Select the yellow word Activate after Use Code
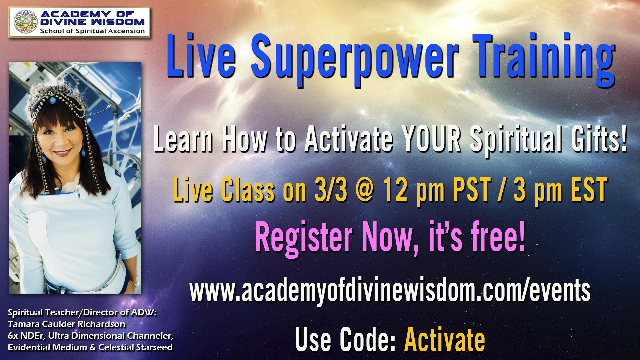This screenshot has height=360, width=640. (x=445, y=340)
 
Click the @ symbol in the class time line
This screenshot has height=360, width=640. (x=365, y=190)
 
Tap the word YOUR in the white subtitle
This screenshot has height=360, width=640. (x=431, y=139)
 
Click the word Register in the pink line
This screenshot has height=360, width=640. (x=303, y=237)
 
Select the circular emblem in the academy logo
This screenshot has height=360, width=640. (x=26, y=22)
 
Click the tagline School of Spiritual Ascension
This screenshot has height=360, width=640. (x=92, y=31)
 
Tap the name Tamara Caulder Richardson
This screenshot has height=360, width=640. (x=67, y=324)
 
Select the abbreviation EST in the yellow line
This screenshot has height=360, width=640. (x=589, y=190)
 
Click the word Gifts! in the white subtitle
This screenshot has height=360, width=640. (x=599, y=139)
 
